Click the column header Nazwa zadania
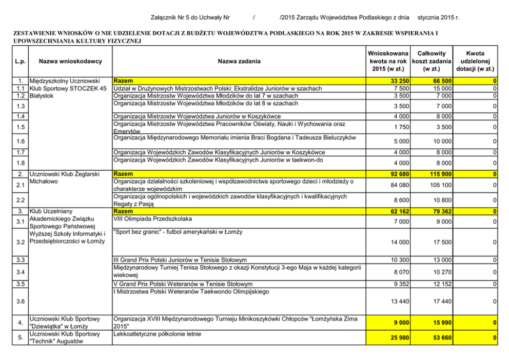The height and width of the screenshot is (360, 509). pyautogui.click(x=239, y=62)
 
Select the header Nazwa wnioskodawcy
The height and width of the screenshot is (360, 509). pyautogui.click(x=71, y=62)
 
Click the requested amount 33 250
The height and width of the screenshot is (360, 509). pyautogui.click(x=399, y=81)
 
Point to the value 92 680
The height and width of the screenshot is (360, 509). pyautogui.click(x=399, y=174)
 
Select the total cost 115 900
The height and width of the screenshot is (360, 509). pyautogui.click(x=440, y=174)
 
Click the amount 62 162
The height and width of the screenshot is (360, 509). pyautogui.click(x=399, y=211)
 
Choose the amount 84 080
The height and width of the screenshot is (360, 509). pyautogui.click(x=399, y=185)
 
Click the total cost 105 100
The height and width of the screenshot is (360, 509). pyautogui.click(x=440, y=185)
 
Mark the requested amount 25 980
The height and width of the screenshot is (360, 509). pyautogui.click(x=399, y=338)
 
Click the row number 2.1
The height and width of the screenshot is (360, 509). pyautogui.click(x=19, y=185)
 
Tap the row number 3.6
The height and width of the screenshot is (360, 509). pyautogui.click(x=19, y=301)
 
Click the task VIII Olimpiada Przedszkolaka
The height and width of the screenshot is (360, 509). pyautogui.click(x=152, y=218)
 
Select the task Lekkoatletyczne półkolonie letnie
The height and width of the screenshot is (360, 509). pyautogui.click(x=157, y=334)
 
